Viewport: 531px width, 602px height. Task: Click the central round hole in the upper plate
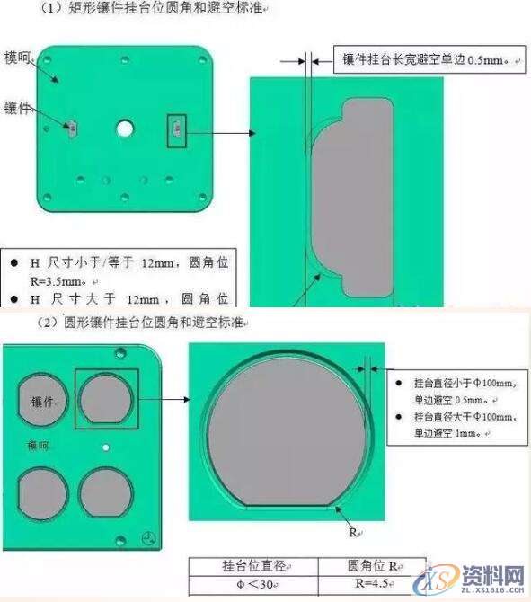pos(124,128)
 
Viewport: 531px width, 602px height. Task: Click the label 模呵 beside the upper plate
pos(18,58)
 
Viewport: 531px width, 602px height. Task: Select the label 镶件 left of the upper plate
pos(18,109)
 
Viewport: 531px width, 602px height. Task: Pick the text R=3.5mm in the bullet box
pos(44,279)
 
